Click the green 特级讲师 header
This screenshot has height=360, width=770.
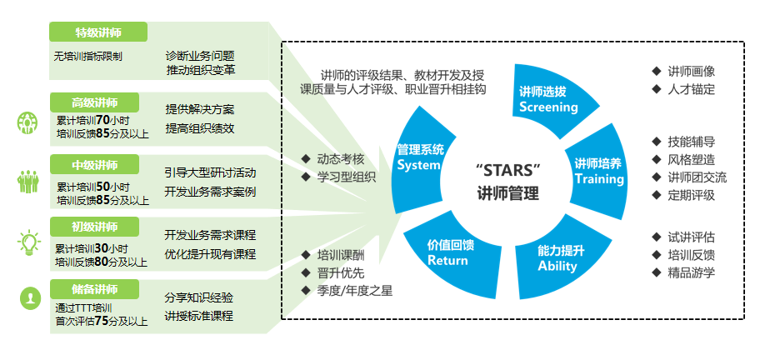coord(98,32)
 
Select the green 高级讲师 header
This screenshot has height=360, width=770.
coord(94,103)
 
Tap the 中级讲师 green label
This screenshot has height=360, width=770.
coord(94,164)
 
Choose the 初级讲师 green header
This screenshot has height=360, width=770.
coord(94,226)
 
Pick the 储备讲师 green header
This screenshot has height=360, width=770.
coord(94,288)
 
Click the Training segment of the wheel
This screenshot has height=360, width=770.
coord(598,171)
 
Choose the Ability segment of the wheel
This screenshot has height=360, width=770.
coord(557,257)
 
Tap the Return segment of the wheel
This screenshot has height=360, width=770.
coord(447,252)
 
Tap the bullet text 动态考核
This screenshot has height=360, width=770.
coord(340,158)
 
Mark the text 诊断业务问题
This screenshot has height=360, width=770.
coord(200,54)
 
